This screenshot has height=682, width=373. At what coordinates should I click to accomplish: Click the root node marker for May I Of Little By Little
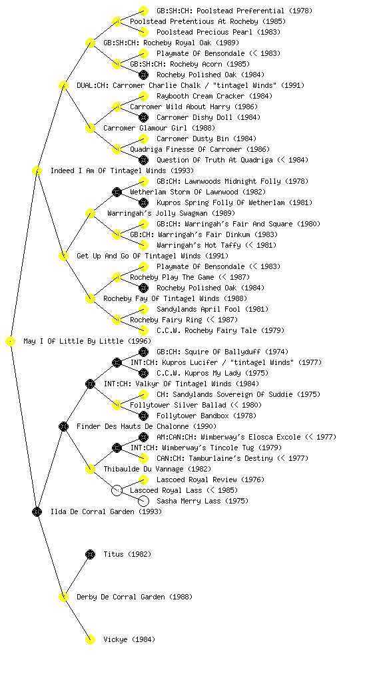(11, 342)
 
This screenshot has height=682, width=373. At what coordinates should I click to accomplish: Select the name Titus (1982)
(127, 554)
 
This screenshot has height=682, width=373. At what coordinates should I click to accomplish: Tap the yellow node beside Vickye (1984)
(90, 639)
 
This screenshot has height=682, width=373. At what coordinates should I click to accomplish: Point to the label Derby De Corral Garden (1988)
(135, 597)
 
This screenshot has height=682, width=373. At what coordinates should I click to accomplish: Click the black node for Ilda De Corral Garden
(37, 511)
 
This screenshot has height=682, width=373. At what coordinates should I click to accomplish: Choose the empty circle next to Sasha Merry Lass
(143, 501)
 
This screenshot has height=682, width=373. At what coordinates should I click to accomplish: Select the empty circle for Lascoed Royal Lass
(117, 490)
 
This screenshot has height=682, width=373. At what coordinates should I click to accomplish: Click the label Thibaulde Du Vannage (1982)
(157, 469)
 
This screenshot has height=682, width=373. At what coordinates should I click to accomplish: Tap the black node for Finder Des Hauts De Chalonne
(63, 426)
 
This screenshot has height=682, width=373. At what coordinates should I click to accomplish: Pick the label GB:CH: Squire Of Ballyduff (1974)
(222, 352)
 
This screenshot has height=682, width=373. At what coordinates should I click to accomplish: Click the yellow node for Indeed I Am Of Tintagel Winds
(37, 170)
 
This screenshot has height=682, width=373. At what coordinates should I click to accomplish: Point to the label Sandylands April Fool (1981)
(212, 309)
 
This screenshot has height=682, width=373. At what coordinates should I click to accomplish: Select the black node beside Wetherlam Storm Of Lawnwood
(117, 192)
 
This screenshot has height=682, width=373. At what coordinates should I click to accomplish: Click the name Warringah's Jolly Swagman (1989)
(171, 213)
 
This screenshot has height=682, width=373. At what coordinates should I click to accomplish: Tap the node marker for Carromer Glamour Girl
(90, 128)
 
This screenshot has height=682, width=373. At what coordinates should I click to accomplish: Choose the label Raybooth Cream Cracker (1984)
(214, 96)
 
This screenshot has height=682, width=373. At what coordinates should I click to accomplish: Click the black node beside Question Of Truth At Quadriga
(143, 160)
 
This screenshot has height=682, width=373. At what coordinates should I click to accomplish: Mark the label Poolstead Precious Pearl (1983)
(218, 32)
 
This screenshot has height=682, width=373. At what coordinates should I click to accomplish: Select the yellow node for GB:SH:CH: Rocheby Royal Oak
(90, 43)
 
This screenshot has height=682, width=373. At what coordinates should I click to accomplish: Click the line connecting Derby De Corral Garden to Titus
(77, 575)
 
